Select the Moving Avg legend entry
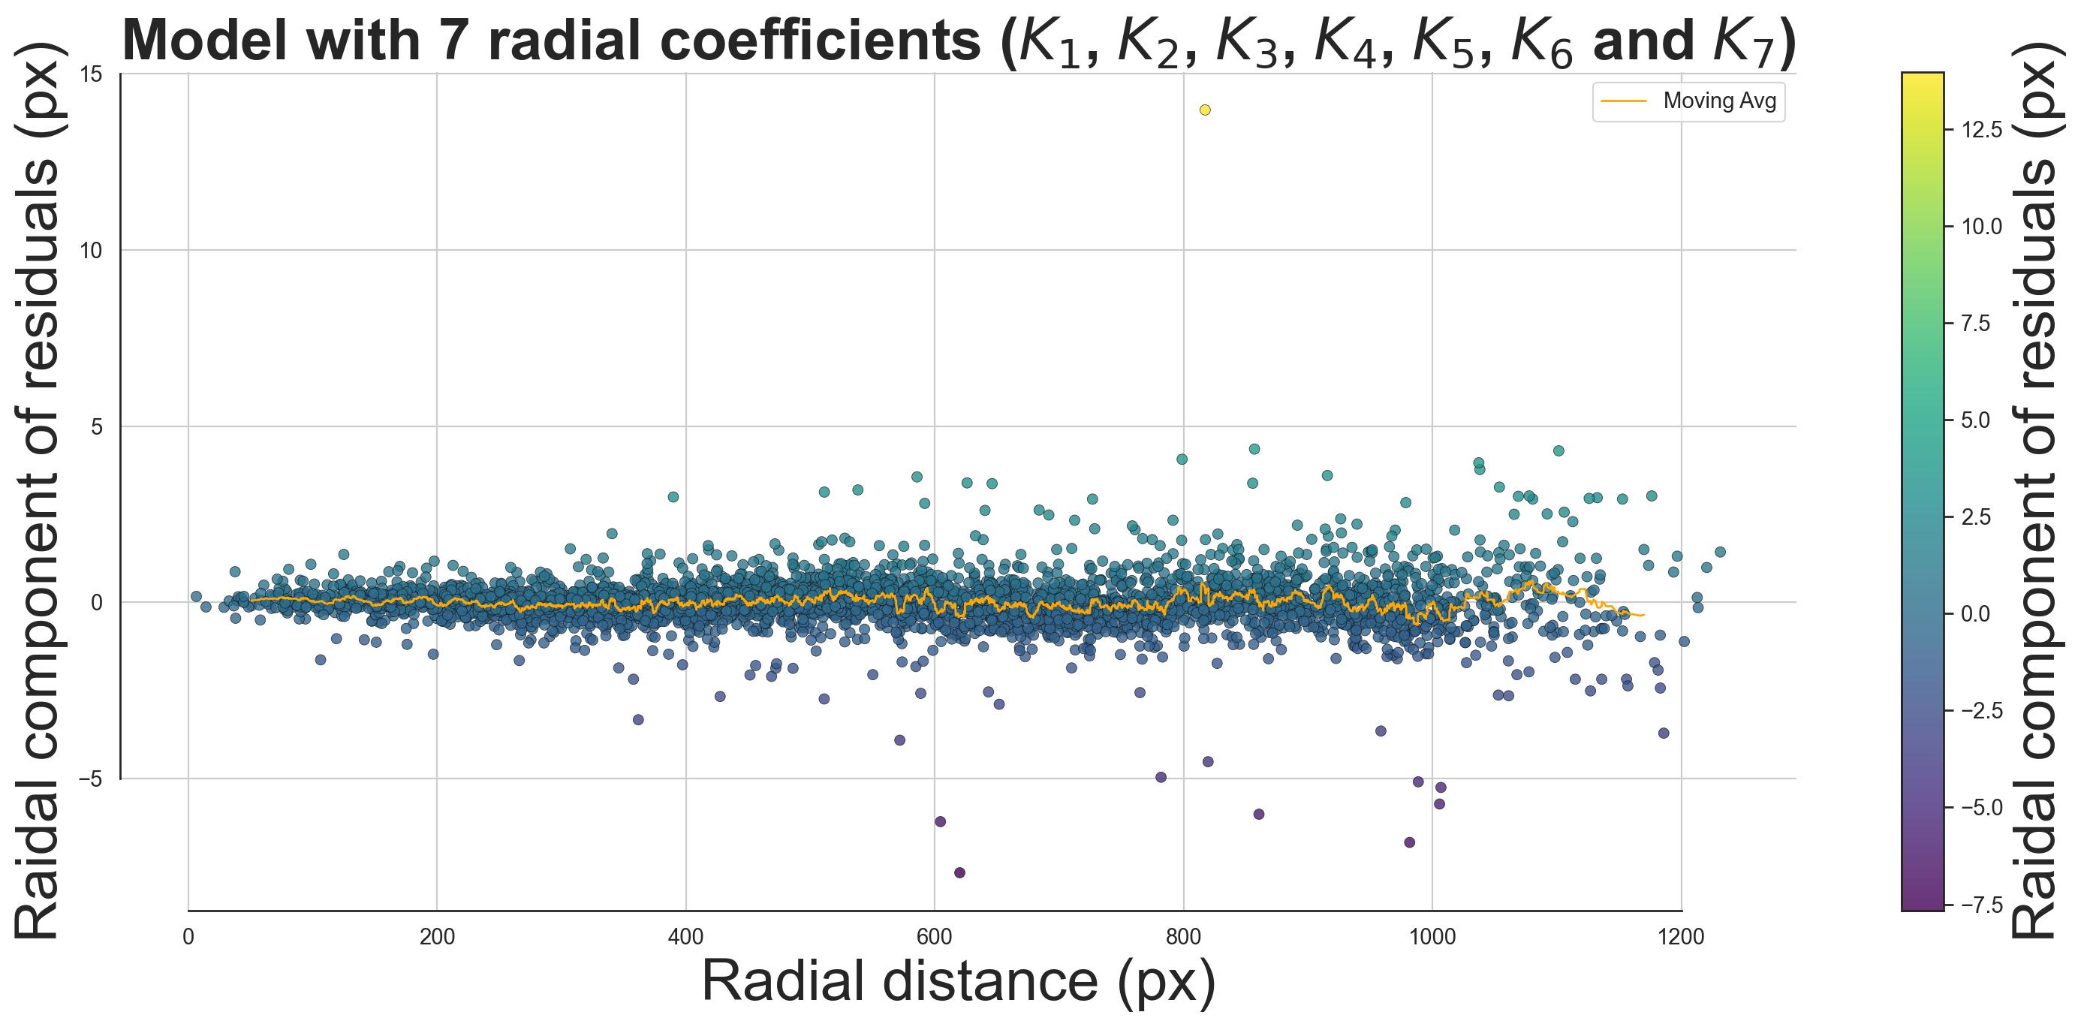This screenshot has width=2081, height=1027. (x=1688, y=102)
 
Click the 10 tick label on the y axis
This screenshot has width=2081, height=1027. (x=92, y=251)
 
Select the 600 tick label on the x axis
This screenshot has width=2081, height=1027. (x=935, y=938)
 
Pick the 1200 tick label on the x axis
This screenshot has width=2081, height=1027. (x=1681, y=938)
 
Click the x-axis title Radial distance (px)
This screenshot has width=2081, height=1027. (x=959, y=982)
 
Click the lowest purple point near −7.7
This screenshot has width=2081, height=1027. (x=959, y=872)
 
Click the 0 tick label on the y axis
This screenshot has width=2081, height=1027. (x=97, y=603)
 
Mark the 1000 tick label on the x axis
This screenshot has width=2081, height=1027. (x=1432, y=938)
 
